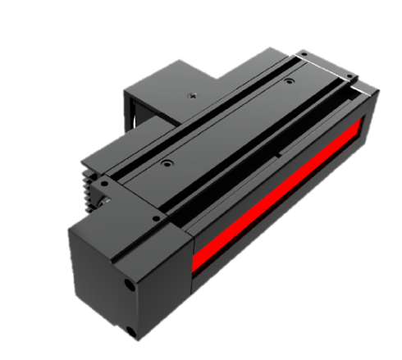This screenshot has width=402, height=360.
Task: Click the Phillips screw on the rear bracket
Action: click(x=191, y=95)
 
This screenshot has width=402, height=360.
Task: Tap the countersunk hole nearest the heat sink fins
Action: click(x=167, y=164)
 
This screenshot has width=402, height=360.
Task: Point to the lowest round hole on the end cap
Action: click(x=132, y=331)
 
